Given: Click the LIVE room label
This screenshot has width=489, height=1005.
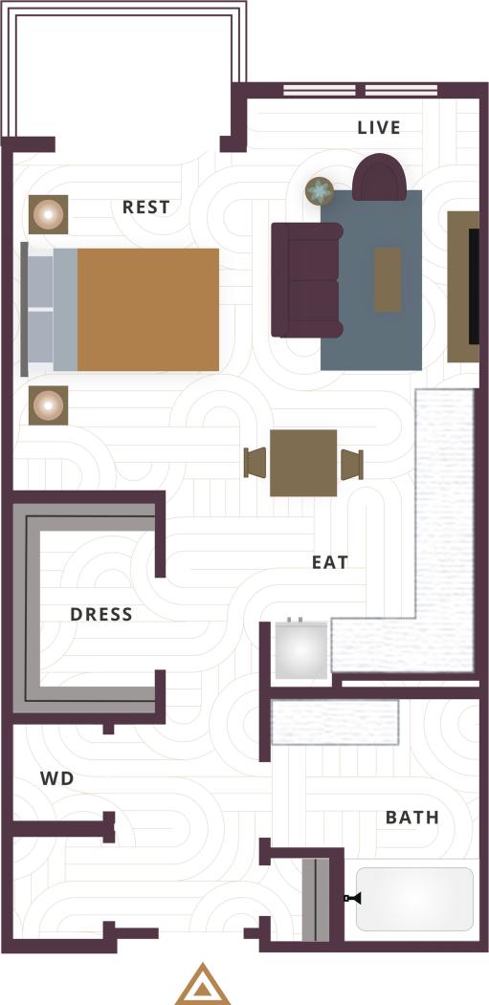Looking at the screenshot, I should coord(379,128).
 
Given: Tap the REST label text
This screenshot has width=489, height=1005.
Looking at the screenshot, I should coord(146,207).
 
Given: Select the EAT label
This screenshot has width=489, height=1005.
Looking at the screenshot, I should coord(330,562).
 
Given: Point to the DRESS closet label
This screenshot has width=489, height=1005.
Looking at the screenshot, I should coord(101,614).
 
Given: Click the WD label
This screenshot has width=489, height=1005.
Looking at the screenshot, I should coord(57,779).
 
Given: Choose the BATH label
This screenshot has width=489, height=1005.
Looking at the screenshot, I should coord(412,818).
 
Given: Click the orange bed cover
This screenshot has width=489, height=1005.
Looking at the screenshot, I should coord(147,309).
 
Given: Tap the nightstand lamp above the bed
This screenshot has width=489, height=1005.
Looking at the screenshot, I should coord(47,214).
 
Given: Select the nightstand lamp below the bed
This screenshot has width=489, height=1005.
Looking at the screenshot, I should coord(47,405).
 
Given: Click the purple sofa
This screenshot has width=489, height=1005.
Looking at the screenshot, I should coord(306,279).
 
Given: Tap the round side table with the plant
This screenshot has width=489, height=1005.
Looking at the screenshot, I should coord(319,192).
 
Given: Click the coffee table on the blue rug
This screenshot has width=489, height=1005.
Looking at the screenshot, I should coord(388,279).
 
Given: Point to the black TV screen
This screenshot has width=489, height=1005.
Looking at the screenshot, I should coord(473,286).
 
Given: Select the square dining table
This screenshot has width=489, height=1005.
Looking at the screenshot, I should coord(303,463).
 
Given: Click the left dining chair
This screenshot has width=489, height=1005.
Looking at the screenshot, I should coord(256,463).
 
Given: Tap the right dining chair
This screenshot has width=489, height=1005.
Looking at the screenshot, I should coord(351,463).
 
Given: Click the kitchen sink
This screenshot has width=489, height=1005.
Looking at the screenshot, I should coord(301,652).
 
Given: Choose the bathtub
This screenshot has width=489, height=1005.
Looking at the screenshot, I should coord(414,899).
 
